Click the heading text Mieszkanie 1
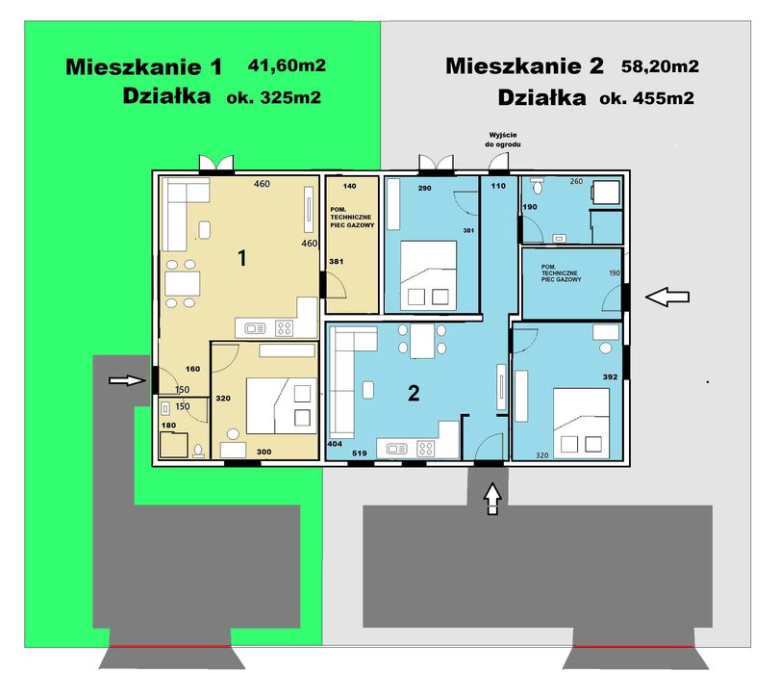click(x=143, y=67)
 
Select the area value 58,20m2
click(x=660, y=66)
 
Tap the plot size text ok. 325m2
click(x=274, y=97)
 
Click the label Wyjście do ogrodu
click(x=503, y=140)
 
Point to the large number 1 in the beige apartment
click(x=242, y=258)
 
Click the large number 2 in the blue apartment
click(x=414, y=393)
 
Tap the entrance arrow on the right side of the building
click(x=667, y=298)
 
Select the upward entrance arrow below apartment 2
click(x=492, y=498)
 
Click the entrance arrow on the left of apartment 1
click(x=127, y=380)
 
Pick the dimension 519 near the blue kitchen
click(x=359, y=453)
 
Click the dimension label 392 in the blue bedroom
click(x=610, y=377)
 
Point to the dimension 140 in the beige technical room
click(x=350, y=186)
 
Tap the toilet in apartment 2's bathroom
click(x=537, y=186)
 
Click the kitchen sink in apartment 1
click(x=255, y=328)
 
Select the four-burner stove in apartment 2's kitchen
click(x=426, y=449)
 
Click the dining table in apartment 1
click(x=183, y=283)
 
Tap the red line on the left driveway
click(x=170, y=646)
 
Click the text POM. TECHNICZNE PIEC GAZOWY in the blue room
click(x=561, y=273)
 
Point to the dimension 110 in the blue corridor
click(x=498, y=186)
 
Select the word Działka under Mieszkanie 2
click(x=541, y=97)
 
